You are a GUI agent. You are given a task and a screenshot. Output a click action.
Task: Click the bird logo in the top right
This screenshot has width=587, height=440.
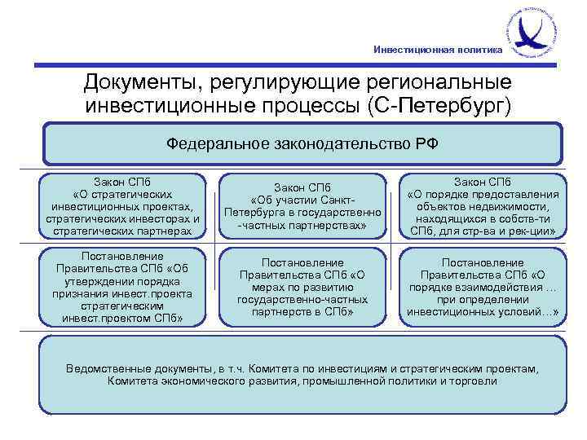535,32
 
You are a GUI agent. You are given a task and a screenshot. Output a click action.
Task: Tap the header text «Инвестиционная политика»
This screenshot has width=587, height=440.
438,50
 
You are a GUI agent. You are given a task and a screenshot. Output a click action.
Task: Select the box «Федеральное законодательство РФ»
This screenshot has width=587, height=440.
302,143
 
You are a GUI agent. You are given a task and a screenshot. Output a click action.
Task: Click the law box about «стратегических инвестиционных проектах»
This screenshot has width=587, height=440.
123,207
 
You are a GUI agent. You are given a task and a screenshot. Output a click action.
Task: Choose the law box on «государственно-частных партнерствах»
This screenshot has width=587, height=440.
302,207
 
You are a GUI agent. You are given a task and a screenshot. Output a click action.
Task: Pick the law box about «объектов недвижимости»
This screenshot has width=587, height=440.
482,207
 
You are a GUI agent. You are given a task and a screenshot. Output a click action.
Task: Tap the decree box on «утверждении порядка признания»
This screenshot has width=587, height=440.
123,287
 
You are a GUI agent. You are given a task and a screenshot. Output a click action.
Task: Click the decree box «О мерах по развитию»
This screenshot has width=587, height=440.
302,287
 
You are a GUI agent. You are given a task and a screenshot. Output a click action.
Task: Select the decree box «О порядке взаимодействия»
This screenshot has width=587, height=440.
482,287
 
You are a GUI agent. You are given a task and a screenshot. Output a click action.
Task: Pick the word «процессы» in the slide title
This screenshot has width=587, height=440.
314,106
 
